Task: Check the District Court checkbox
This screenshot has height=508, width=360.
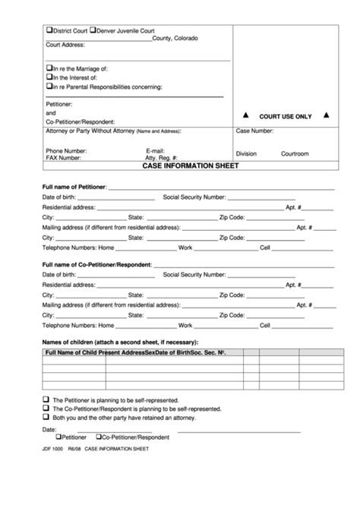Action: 49,30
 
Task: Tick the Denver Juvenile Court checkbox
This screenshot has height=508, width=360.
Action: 93,30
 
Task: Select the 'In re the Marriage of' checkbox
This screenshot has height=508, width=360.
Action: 49,68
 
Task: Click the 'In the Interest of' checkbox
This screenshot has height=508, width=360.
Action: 49,77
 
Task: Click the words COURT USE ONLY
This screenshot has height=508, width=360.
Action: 286,116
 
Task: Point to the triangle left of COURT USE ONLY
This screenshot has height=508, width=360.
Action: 245,115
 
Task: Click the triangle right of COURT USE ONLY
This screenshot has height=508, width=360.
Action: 326,115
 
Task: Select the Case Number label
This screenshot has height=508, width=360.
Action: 254,131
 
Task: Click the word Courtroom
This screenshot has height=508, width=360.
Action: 295,153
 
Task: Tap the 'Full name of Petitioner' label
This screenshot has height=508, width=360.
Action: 74,186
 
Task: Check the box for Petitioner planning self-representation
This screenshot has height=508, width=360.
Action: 46,399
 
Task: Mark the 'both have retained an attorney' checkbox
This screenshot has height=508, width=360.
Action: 46,417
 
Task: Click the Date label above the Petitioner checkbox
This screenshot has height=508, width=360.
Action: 49,429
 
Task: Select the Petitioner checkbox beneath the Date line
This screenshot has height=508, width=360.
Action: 58,437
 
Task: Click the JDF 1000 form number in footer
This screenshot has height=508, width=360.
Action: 53,450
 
